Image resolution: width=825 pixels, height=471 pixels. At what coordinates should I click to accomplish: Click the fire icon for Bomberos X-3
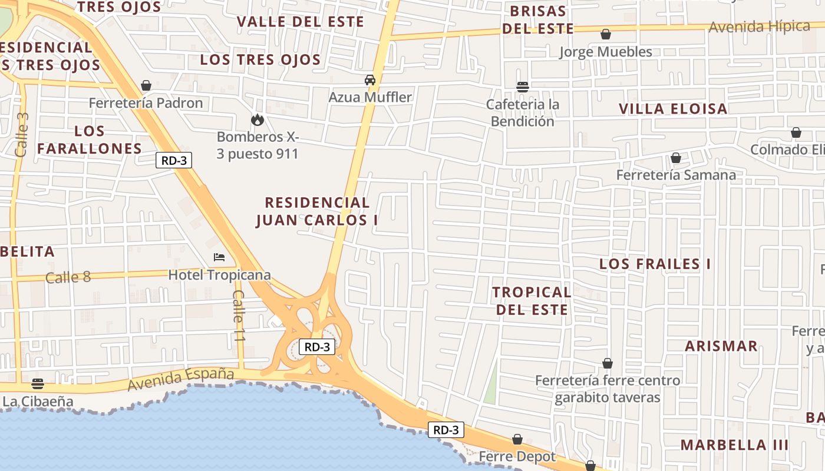coord(257,120)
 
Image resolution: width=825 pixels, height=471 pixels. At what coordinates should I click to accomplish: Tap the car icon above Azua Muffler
coord(369,79)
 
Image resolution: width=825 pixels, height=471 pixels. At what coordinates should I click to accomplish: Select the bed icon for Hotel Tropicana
coord(219,257)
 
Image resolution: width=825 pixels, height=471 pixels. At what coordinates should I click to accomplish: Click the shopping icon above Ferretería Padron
coord(146,85)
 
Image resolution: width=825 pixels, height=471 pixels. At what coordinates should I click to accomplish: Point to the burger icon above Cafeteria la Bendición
coord(522,87)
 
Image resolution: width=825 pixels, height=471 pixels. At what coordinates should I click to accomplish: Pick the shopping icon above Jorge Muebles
coord(605,34)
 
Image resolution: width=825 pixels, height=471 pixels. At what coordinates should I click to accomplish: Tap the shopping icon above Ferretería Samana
coord(675,158)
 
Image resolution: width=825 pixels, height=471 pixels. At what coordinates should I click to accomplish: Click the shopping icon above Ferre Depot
coord(517,439)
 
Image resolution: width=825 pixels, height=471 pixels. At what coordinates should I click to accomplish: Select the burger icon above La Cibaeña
coord(38,384)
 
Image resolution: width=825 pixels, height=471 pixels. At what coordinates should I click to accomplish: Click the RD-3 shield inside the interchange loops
coord(317,347)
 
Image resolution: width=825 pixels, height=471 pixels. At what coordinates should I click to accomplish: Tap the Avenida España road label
coord(181,378)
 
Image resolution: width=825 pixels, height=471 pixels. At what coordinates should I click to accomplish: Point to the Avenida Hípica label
coord(759,26)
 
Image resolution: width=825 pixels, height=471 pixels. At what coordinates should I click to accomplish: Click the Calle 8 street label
coord(68,277)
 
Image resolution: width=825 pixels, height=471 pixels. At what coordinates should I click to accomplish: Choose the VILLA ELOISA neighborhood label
coord(673,109)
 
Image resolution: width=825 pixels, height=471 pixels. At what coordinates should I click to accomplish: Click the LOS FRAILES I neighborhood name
coord(655,264)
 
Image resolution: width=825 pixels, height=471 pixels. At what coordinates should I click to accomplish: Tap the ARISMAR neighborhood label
coord(721,346)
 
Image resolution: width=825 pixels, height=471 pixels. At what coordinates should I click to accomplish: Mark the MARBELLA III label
coord(734,445)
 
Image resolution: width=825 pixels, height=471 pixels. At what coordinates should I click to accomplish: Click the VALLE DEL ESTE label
coord(301,22)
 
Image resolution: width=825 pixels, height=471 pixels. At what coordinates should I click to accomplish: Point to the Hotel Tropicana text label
coord(219,275)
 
